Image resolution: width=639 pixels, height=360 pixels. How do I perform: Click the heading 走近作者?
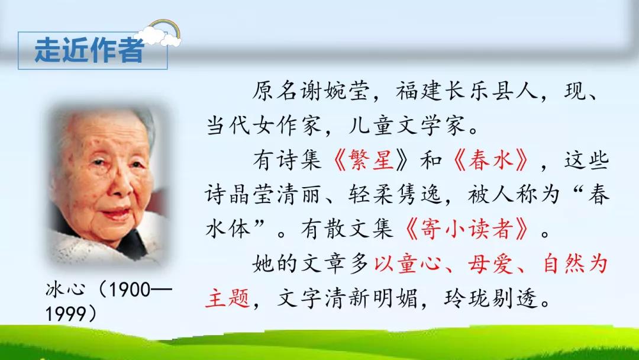[89, 50]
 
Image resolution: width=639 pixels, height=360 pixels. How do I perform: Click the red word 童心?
[419, 263]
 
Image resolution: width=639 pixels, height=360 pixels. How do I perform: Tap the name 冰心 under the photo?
[65, 290]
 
